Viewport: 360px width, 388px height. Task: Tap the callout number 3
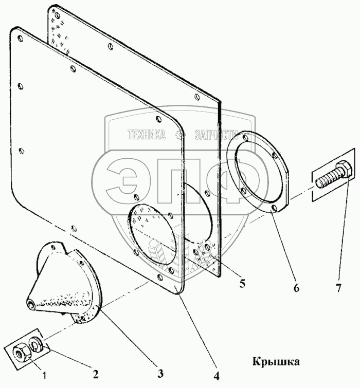pos(160,374)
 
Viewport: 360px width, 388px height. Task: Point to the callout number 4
pos(217,377)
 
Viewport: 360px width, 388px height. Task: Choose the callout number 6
pos(297,288)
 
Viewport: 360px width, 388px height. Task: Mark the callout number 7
pos(338,288)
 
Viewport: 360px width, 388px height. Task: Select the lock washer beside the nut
pos(34,342)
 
